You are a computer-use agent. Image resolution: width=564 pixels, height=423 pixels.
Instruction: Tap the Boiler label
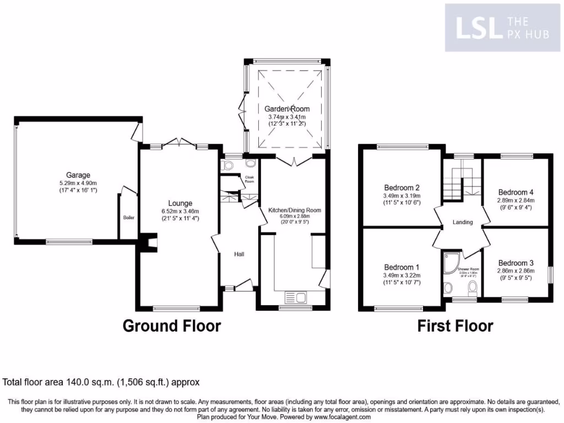pos(128,218)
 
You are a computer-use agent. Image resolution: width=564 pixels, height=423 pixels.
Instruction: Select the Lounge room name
pos(180,203)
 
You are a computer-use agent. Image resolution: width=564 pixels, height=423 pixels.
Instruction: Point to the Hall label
pos(239,254)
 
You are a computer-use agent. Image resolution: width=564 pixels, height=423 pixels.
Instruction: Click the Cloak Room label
pos(250,179)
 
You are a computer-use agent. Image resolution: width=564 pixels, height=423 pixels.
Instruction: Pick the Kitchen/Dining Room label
pos(294,210)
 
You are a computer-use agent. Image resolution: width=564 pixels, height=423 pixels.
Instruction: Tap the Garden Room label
pos(286,109)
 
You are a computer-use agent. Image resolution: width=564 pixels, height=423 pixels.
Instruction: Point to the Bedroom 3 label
pos(516,263)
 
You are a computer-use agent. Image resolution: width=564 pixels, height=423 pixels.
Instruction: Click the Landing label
pos(463,223)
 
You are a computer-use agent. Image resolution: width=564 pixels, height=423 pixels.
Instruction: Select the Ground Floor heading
pos(171,326)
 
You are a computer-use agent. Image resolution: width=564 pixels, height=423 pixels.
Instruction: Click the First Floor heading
pos(455,326)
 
